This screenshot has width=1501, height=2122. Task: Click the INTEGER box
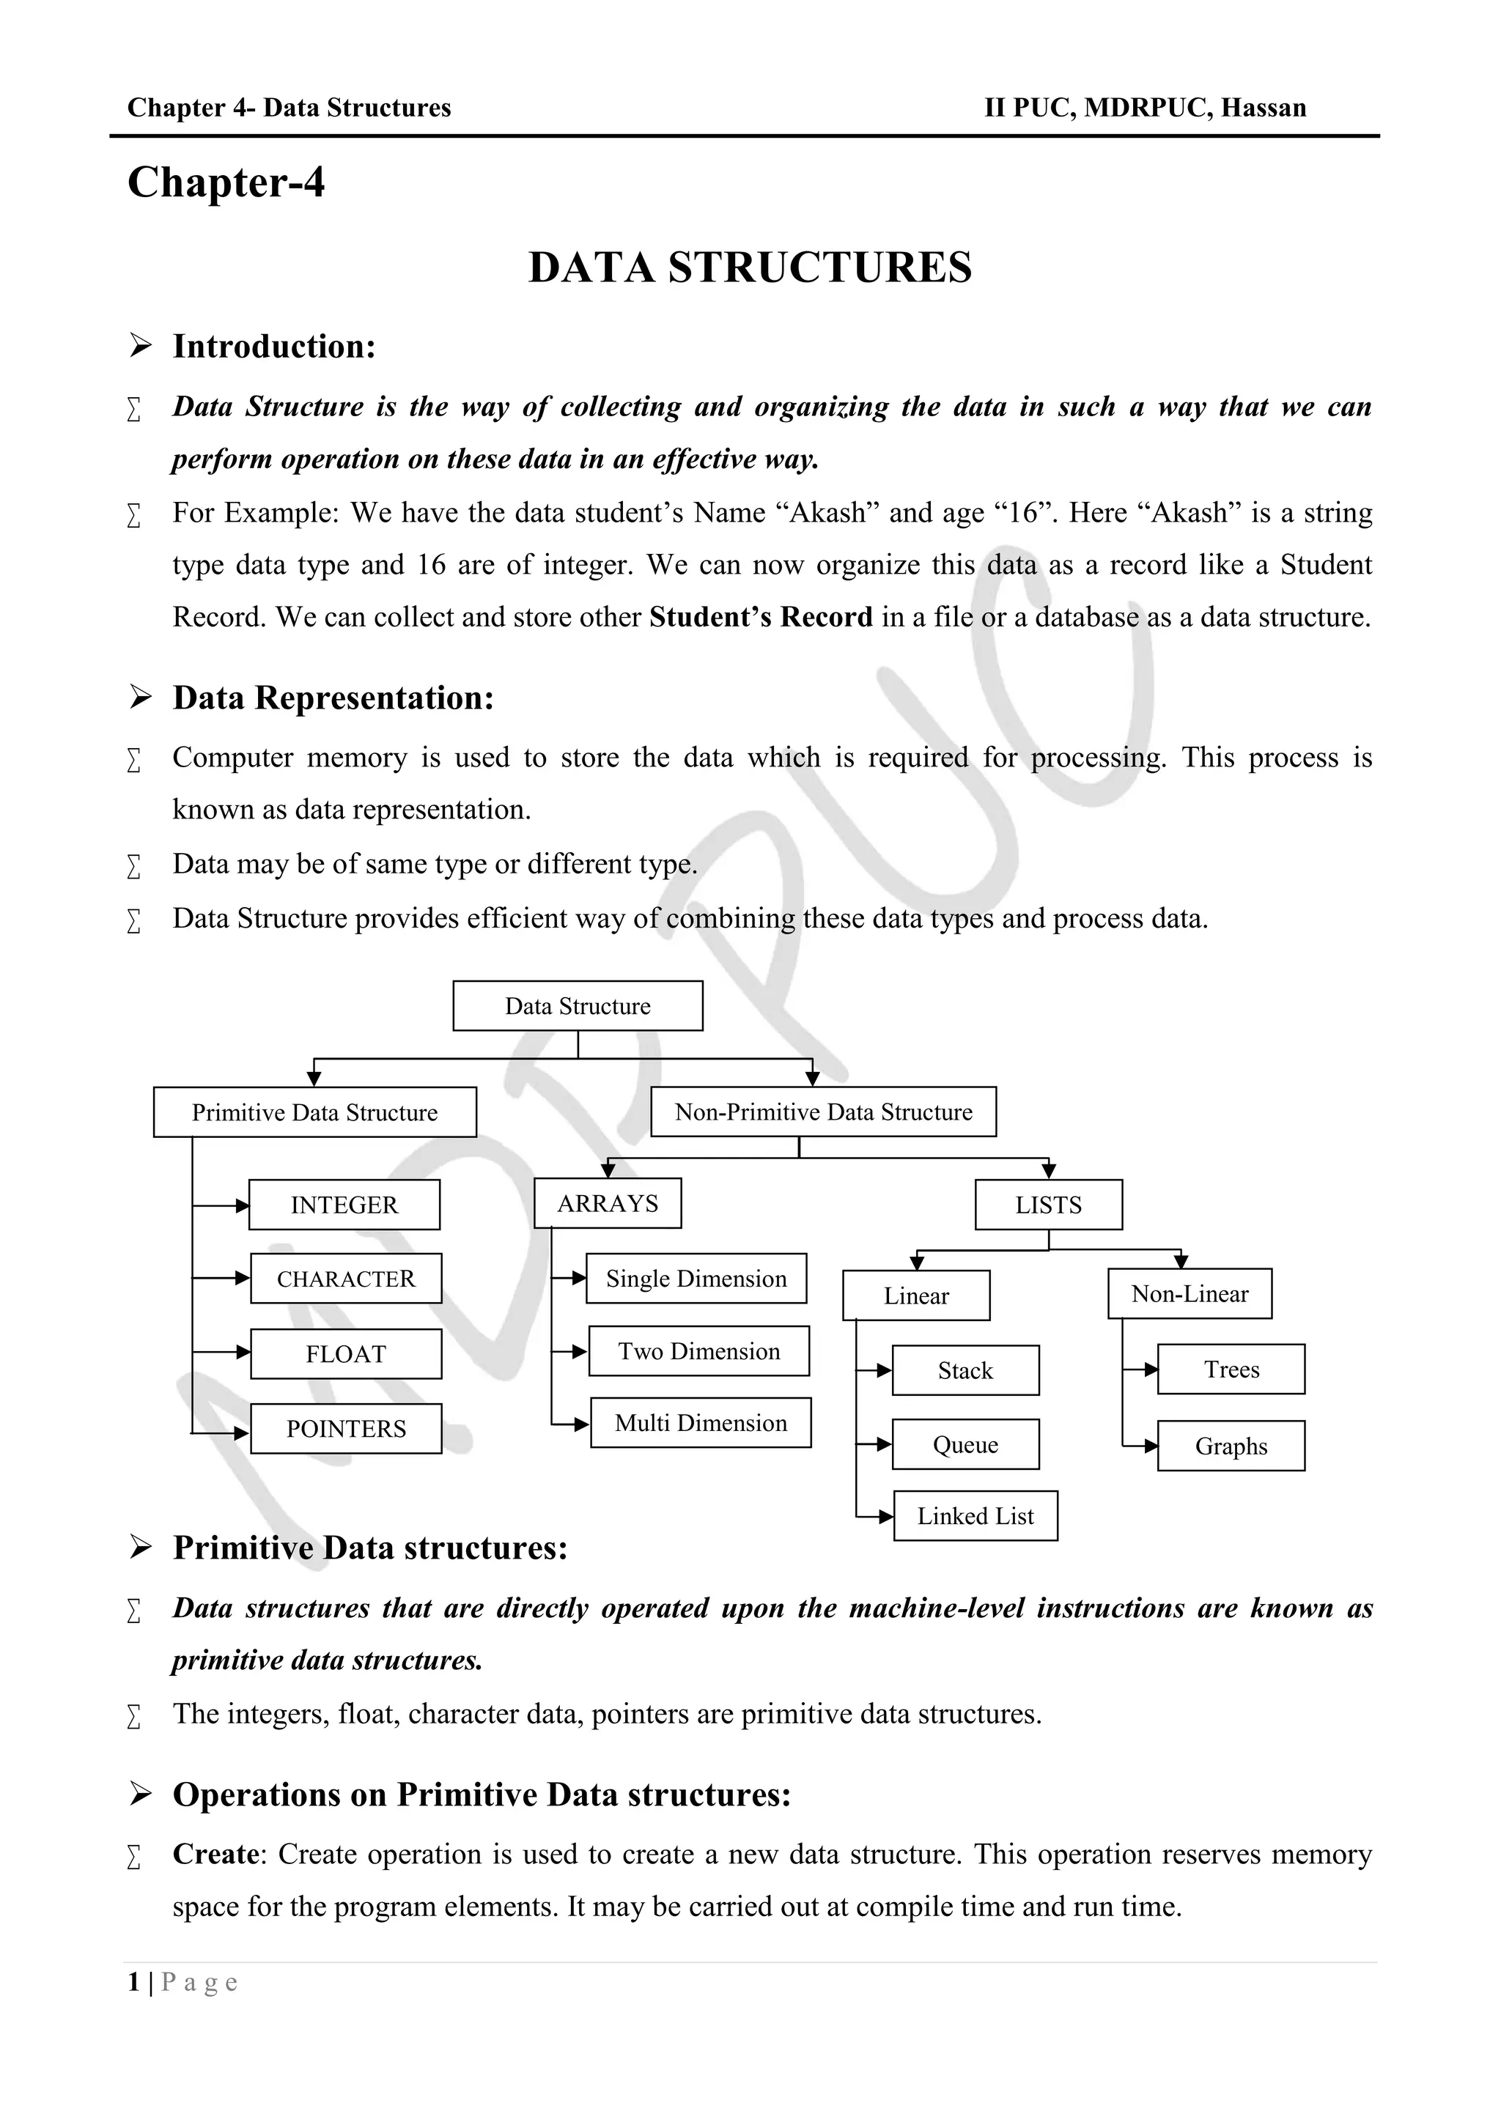[x=344, y=1205]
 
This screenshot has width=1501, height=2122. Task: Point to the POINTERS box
[x=346, y=1428]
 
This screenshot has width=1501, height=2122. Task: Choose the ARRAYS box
[x=608, y=1202]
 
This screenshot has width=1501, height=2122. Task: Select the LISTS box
[x=1048, y=1205]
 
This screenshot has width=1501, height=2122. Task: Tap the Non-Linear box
[x=1189, y=1293]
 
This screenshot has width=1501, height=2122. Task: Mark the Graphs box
[x=1231, y=1446]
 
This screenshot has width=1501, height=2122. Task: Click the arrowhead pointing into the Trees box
[x=1151, y=1369]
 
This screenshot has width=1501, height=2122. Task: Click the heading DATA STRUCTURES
[x=750, y=267]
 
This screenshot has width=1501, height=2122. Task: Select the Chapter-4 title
[x=226, y=182]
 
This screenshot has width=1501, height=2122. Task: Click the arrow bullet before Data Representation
[x=141, y=698]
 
